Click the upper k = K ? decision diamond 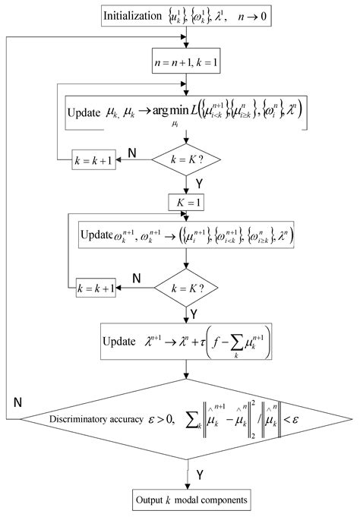pyautogui.click(x=185, y=162)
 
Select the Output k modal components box pyautogui.click(x=185, y=502)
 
